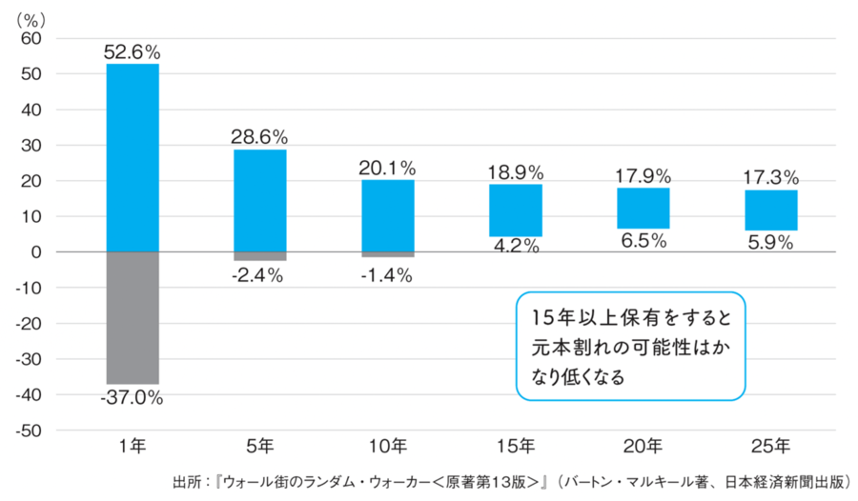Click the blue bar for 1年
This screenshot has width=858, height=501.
[x=133, y=157]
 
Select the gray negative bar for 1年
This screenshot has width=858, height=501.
[x=133, y=317]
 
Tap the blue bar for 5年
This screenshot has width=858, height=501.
[x=259, y=200]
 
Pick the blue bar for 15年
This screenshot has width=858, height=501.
[x=515, y=210]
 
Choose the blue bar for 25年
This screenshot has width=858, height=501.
[x=770, y=210]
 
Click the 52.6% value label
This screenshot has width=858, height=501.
[x=132, y=51]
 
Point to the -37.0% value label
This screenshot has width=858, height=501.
[x=132, y=398]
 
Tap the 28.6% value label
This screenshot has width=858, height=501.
[x=259, y=137]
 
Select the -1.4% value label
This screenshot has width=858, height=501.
[x=387, y=275]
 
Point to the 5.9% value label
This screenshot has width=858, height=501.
[x=770, y=242]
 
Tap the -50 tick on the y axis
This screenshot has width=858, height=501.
[x=30, y=431]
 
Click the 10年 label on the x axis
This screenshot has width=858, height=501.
[x=387, y=446]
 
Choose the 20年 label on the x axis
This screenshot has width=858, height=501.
[x=643, y=446]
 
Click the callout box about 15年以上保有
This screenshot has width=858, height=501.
[x=630, y=346]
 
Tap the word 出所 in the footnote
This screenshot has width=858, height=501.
[x=187, y=482]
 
